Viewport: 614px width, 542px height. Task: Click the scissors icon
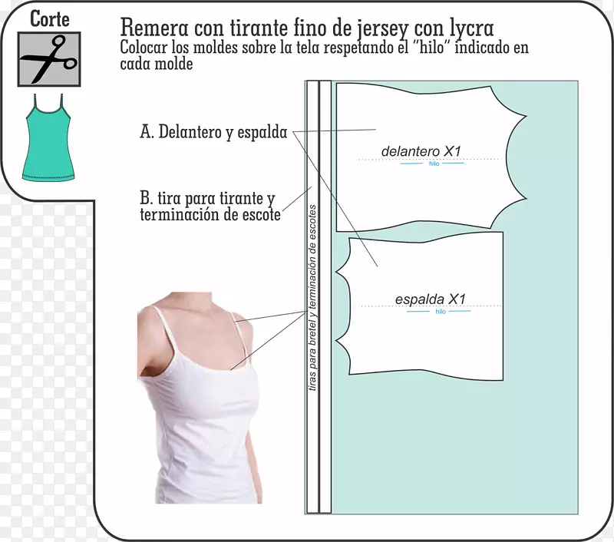tap(49, 59)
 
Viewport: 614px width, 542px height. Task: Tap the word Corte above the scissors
tap(50, 18)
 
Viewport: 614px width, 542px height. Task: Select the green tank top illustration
tap(48, 137)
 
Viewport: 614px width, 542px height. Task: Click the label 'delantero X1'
tap(421, 151)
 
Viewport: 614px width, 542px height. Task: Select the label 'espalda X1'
tap(430, 299)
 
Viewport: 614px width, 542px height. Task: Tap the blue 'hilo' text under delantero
tap(434, 164)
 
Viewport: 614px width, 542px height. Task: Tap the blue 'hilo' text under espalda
tap(441, 312)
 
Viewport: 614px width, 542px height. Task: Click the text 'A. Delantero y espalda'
tap(214, 132)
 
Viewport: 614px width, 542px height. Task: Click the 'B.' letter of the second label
tap(147, 198)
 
